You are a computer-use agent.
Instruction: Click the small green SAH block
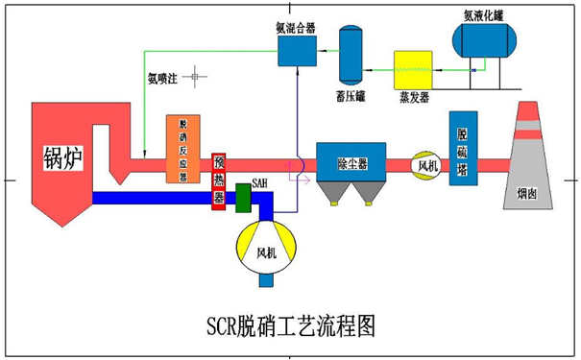tap(242, 197)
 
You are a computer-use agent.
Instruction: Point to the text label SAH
tap(259, 180)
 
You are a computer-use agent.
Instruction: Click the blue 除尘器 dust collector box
tap(351, 162)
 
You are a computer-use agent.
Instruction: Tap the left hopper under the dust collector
tap(333, 195)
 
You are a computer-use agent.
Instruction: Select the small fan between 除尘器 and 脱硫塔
tap(424, 164)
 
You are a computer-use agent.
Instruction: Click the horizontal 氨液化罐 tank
tap(486, 41)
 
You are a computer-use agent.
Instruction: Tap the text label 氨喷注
tap(162, 79)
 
